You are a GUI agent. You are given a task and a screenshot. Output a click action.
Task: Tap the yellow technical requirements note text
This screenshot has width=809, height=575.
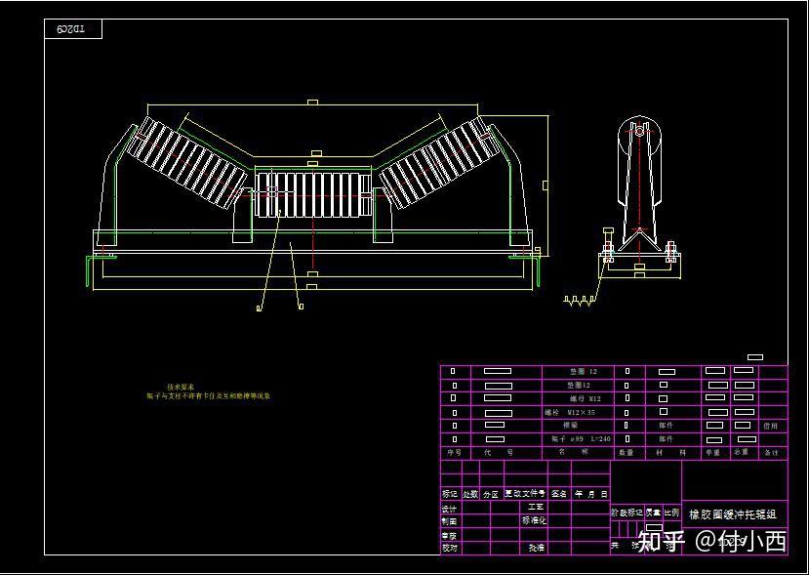point(208,391)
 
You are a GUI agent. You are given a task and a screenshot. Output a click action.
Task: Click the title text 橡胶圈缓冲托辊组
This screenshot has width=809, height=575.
point(733,514)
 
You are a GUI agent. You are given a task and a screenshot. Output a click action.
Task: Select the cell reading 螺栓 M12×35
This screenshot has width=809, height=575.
point(572,413)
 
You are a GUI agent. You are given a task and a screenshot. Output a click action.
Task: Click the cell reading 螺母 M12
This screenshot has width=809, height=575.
point(586,398)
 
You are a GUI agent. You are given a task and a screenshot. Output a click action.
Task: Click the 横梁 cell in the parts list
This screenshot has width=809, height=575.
point(571,426)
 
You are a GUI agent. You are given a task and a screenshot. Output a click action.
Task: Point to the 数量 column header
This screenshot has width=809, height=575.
point(627,453)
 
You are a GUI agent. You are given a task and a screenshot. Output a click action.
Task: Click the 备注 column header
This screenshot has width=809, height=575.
point(772,453)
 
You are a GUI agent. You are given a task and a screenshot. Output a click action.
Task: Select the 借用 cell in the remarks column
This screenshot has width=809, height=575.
point(771,426)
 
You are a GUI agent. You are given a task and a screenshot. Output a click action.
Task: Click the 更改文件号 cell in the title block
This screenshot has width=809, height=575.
point(525,494)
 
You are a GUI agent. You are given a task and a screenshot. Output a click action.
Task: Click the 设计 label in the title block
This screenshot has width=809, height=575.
point(449,509)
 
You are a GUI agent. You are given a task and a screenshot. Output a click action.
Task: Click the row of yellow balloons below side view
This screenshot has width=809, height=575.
point(580,302)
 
